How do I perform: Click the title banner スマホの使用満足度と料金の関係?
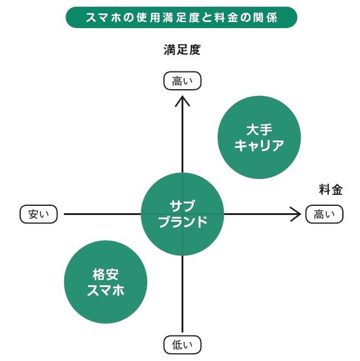tap(181, 17)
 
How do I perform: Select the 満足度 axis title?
tap(182, 50)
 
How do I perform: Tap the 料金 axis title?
tap(330, 189)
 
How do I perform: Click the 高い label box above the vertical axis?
tap(182, 81)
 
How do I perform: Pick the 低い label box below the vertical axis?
tap(182, 345)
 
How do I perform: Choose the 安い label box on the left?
tap(39, 214)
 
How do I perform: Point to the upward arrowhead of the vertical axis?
tap(183, 99)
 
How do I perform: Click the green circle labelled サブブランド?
tap(183, 214)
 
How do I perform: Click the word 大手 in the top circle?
tap(259, 130)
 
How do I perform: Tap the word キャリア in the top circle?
tap(259, 146)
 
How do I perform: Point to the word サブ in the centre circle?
tap(183, 206)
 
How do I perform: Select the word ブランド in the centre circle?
tap(183, 222)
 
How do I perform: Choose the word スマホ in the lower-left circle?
tap(106, 291)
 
